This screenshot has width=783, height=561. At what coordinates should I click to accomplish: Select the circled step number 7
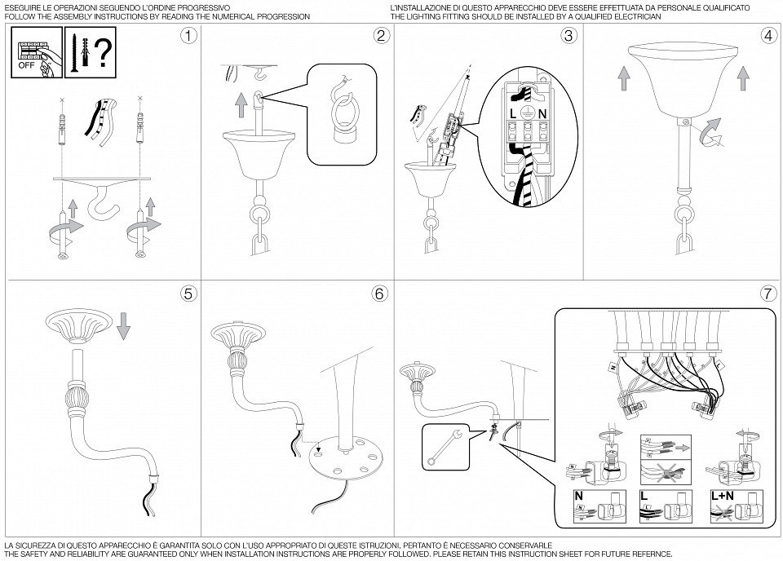[768, 294]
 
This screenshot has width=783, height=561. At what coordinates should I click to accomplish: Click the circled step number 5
[189, 294]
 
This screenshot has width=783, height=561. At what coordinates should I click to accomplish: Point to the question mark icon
[102, 54]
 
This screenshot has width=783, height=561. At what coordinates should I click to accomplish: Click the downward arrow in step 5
[123, 327]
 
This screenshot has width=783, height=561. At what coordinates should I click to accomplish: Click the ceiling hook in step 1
[105, 204]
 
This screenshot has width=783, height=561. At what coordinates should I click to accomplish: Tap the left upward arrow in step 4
[622, 80]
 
